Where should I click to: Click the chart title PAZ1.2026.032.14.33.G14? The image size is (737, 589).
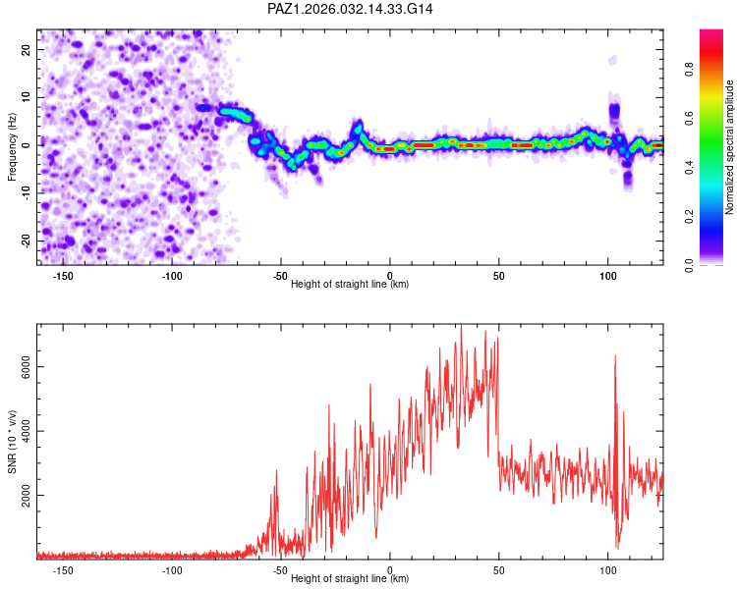351,9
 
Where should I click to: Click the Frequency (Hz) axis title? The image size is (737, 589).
12,144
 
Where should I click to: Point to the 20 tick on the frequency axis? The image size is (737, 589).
27,49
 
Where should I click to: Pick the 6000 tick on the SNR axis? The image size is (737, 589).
21,365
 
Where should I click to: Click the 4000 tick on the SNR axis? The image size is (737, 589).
21,431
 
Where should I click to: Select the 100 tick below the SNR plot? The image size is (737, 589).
608,569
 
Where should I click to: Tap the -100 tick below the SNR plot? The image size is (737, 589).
171,569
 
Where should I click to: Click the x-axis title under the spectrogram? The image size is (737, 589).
350,285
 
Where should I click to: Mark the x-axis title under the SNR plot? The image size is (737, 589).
350,579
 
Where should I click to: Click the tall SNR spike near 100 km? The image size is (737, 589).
615,357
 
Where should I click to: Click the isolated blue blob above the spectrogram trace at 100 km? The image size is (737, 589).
615,110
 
